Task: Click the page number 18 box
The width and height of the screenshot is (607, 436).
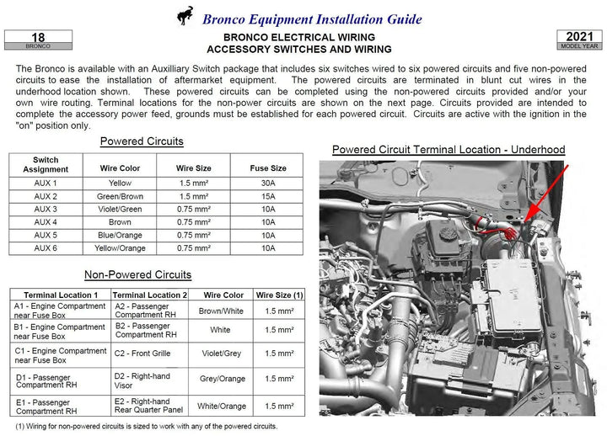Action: (38, 40)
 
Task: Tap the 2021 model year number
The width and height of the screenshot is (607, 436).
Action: (579, 37)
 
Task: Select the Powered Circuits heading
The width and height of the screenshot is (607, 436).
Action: (142, 141)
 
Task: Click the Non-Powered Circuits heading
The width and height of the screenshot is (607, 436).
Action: (137, 274)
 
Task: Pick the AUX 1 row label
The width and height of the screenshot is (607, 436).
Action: (46, 183)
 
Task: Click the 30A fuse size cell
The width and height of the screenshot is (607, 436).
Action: (268, 183)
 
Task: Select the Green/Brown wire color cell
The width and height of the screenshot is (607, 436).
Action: (121, 196)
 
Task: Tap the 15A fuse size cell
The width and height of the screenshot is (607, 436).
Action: (268, 196)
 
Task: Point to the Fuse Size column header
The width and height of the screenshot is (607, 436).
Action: (268, 168)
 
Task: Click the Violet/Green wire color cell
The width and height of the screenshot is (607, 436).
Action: (121, 209)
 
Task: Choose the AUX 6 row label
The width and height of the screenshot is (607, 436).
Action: (46, 248)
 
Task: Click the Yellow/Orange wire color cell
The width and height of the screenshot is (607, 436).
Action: (121, 248)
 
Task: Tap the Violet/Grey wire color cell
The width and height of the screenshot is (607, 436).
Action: (222, 354)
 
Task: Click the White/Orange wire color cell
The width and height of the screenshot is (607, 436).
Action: (222, 407)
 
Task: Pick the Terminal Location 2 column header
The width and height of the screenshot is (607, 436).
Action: (150, 295)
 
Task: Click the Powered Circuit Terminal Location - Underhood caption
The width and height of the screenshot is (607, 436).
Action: (449, 150)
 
